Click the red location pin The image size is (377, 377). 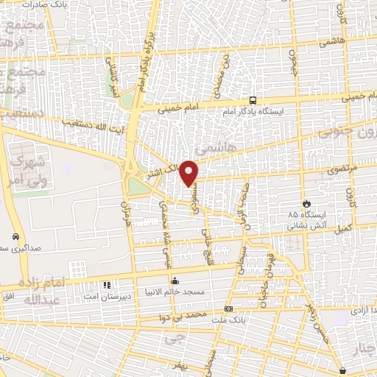[189, 172]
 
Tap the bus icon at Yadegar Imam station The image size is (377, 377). [253, 100]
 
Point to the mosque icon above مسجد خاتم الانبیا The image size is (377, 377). [175, 281]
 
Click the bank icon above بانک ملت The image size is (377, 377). [228, 309]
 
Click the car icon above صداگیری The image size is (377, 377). [15, 237]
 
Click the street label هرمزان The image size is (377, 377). [130, 214]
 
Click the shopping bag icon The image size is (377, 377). [342, 370]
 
